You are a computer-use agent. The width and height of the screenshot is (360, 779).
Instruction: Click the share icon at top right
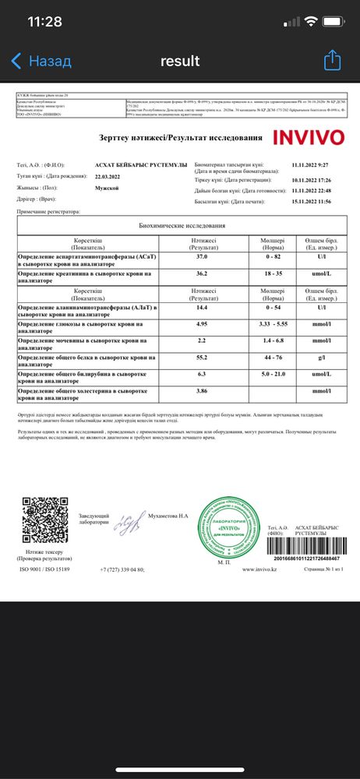pos(333,60)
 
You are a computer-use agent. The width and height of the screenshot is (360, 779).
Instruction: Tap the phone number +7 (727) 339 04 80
pos(122,570)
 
